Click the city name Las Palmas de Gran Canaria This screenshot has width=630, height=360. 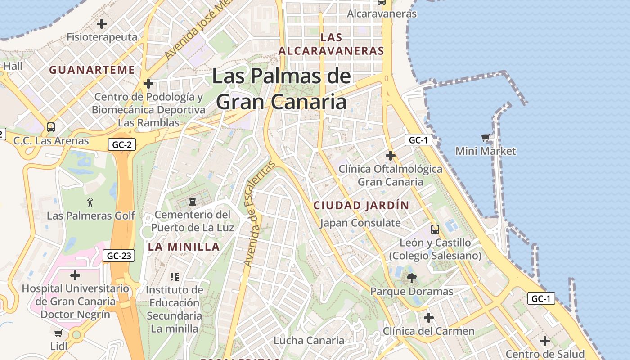[x=281, y=89]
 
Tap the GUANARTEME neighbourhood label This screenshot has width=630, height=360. [x=92, y=70]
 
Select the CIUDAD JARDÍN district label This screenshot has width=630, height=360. [x=361, y=206]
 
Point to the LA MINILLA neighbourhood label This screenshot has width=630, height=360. [x=184, y=247]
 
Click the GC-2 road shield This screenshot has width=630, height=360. [x=122, y=144]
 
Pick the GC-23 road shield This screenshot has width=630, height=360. [x=119, y=256]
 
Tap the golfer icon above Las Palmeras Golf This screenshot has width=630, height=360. [x=90, y=202]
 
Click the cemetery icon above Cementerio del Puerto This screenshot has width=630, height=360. [x=193, y=201]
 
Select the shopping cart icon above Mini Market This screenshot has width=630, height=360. [x=485, y=138]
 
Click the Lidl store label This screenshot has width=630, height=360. [x=59, y=346]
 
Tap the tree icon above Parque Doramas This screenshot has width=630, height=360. [x=411, y=278]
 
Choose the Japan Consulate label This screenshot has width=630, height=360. [x=360, y=223]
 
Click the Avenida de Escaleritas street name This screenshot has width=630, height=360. [x=258, y=214]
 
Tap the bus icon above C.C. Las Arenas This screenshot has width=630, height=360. [x=51, y=127]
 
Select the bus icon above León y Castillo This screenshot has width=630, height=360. [x=435, y=229]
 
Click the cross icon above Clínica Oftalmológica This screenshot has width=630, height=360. [x=391, y=156]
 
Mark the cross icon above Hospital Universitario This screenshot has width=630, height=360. [x=75, y=275]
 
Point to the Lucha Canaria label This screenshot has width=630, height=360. [x=309, y=340]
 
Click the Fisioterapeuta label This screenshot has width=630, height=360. [x=102, y=37]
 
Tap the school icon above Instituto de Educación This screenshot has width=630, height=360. [x=175, y=276]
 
